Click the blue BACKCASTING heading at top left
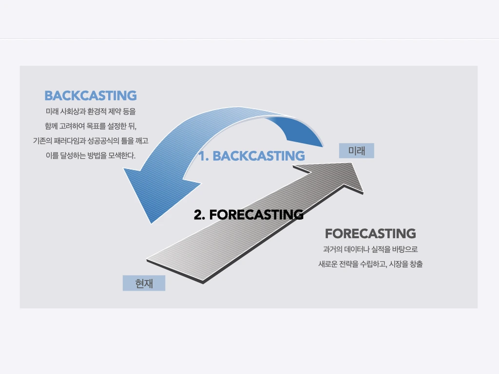coord(91,96)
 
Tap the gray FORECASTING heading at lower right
coord(370,233)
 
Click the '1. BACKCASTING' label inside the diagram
coord(252,156)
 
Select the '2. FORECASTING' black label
coord(249,215)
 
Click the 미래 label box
coord(356,150)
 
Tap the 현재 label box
coord(144,283)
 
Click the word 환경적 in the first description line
coord(97,112)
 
